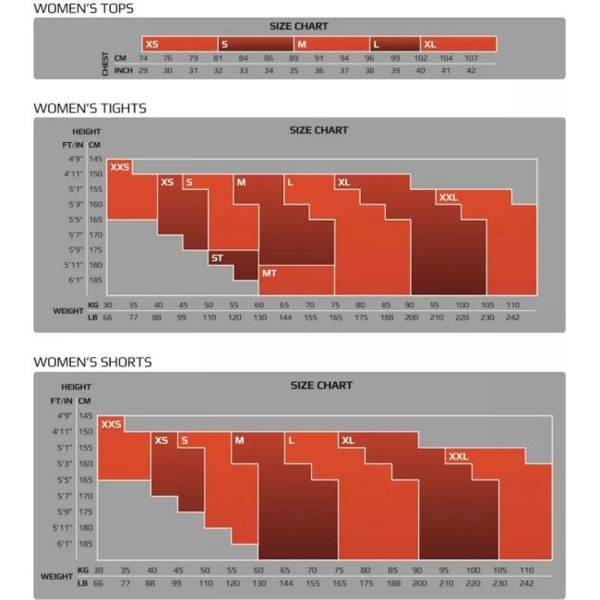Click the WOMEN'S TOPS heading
point(83,8)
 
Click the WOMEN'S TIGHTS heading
point(90,108)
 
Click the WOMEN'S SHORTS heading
point(92,362)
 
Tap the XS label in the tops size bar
point(152,44)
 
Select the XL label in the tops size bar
point(430,44)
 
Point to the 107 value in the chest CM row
point(471,58)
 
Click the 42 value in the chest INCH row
point(471,70)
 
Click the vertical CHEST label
point(105,64)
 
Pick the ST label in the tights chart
point(217,258)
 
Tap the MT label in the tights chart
point(269,273)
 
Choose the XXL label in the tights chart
point(448,198)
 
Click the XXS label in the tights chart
point(120,167)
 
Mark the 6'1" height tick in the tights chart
point(76,280)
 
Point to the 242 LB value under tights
point(512,318)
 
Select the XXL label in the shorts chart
point(458,457)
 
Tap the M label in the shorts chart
point(240,440)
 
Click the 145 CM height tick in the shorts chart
point(86,415)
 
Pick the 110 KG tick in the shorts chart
point(526,570)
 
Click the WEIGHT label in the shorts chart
point(56,576)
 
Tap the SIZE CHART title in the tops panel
point(299,26)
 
